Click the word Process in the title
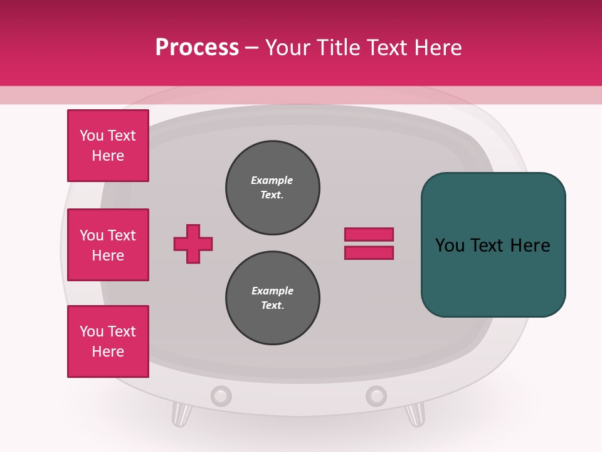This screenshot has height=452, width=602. pyautogui.click(x=197, y=48)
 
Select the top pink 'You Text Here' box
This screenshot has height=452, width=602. pyautogui.click(x=108, y=146)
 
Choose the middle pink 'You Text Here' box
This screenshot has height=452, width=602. pyautogui.click(x=108, y=245)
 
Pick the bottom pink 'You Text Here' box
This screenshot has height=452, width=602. pyautogui.click(x=108, y=342)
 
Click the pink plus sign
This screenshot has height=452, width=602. pyautogui.click(x=193, y=244)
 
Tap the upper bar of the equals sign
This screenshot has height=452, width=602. pyautogui.click(x=369, y=234)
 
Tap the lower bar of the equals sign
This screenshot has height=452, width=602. pyautogui.click(x=369, y=253)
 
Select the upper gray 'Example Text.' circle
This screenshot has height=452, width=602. pyautogui.click(x=272, y=188)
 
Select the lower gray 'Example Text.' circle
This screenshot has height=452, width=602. pyautogui.click(x=272, y=298)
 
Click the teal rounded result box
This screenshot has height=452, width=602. pyautogui.click(x=493, y=245)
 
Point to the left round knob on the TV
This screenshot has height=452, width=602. pyautogui.click(x=221, y=396)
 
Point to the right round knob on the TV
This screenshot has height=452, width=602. pyautogui.click(x=376, y=396)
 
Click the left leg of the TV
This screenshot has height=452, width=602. pyautogui.click(x=181, y=414)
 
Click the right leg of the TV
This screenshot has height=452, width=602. pyautogui.click(x=415, y=414)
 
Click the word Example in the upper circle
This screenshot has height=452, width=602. pyautogui.click(x=272, y=180)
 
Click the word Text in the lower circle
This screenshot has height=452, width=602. pyautogui.click(x=272, y=306)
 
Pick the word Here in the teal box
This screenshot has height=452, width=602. pyautogui.click(x=530, y=245)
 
